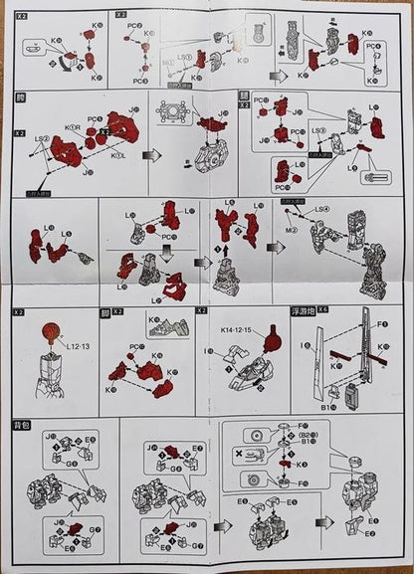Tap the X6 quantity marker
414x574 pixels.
pos(323,310)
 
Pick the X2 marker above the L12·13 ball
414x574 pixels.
pos(19,311)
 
